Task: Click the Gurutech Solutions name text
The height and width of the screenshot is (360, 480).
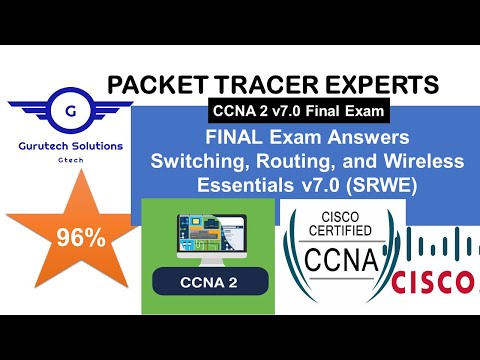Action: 64,146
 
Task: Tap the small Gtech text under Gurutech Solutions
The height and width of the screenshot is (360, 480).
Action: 64,160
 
